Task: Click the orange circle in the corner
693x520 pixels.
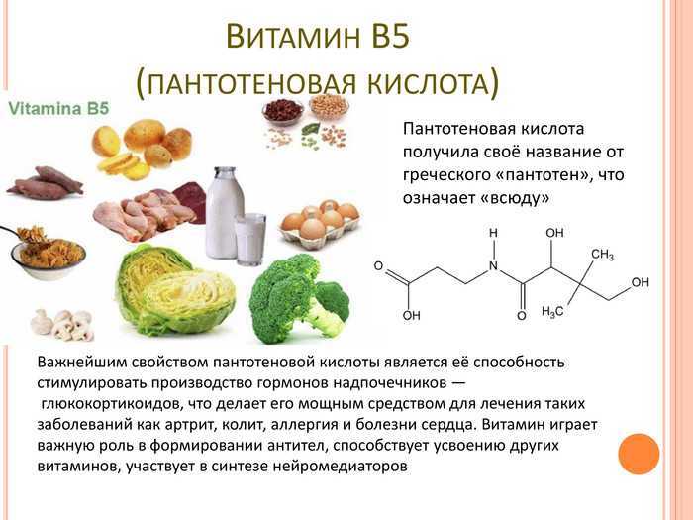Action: pos(639,454)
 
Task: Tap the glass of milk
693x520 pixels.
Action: pos(250,239)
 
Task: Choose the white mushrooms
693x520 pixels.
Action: pos(62,324)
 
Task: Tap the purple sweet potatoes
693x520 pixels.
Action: pos(46,183)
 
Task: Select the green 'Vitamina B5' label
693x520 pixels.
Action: pos(58,108)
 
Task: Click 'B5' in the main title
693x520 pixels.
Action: pos(391,36)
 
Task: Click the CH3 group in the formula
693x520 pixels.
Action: pos(602,255)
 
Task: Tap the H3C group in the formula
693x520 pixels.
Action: pos(552,312)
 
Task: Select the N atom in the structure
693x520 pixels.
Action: pos(493,266)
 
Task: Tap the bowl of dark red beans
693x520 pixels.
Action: pos(283,110)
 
